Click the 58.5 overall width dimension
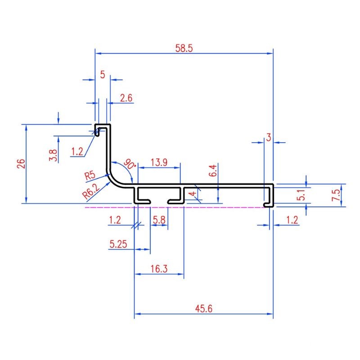[184, 48]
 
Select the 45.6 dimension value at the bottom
[204, 309]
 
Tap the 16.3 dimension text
[159, 269]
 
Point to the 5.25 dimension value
[118, 244]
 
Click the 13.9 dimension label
[159, 162]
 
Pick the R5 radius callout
[90, 175]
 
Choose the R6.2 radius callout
[91, 191]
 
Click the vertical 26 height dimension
[21, 163]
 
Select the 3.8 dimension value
[53, 155]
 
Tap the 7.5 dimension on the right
[336, 195]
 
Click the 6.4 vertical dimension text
[213, 171]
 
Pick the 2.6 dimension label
[126, 98]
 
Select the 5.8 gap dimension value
[159, 220]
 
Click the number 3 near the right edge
[269, 137]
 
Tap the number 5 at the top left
[103, 75]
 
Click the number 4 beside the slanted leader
[193, 193]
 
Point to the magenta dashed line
[175, 207]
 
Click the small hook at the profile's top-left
[97, 130]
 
